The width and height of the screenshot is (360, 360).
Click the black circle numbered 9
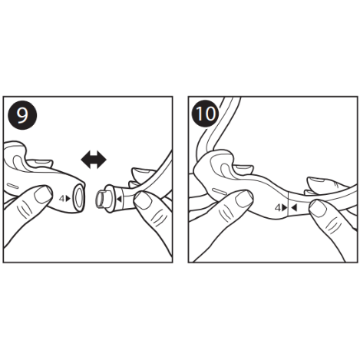point(22,115)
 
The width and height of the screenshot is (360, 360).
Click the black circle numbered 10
point(206,114)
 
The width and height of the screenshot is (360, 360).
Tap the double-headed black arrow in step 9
point(94,160)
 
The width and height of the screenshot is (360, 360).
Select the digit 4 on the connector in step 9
point(62,198)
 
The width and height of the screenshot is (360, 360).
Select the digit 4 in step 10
point(278,208)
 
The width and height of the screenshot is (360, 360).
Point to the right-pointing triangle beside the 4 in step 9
point(68,198)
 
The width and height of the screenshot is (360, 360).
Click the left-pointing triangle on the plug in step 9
point(119,199)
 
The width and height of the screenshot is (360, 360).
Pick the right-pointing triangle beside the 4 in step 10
point(285,208)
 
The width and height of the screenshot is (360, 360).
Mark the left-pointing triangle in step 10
point(294,208)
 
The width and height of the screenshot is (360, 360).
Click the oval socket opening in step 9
point(78,199)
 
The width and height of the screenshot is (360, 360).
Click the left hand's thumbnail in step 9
point(43,195)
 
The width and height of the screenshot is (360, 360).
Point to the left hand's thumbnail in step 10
point(244,199)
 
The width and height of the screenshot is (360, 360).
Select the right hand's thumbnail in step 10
point(318,209)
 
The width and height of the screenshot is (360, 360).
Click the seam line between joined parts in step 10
point(289,204)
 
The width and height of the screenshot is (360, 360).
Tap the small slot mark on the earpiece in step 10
point(218,190)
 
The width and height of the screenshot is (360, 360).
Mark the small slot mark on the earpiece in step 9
point(12,186)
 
